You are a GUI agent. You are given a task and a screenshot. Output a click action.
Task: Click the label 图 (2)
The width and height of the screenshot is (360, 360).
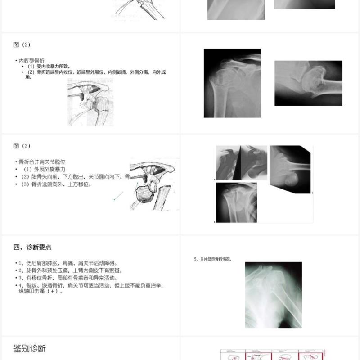tap(22, 45)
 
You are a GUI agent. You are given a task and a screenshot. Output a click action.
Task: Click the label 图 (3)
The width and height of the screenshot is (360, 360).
tap(22, 146)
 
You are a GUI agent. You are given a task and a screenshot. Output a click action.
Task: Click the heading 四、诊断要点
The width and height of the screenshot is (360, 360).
tap(32, 247)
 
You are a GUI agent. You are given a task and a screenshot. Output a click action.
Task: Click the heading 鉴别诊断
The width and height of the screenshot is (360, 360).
tap(30, 349)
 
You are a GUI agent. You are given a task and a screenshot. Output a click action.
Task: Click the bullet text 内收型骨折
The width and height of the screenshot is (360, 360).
tap(31, 60)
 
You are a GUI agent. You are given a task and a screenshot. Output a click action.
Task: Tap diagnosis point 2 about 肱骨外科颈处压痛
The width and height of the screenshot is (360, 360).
tap(70, 270)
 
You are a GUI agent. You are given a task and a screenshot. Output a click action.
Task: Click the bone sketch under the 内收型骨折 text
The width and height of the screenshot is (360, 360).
tap(90, 103)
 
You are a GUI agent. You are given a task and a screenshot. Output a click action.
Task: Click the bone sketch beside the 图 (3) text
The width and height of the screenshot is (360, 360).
tap(153, 184)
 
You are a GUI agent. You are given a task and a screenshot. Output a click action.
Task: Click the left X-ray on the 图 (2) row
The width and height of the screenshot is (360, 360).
tap(232, 83)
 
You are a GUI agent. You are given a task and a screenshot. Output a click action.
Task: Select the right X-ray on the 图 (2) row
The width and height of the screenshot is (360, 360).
tap(308, 83)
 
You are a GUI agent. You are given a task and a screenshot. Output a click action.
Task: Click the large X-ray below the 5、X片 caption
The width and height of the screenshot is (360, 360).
tap(273, 295)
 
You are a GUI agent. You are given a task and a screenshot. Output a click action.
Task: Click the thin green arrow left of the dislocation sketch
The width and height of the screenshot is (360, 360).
tap(118, 196)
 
